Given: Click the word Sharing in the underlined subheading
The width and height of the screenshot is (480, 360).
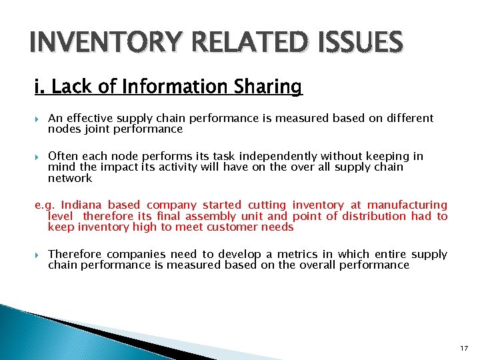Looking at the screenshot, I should click(267, 87).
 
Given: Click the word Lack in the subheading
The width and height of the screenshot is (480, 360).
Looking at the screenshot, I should click(69, 87).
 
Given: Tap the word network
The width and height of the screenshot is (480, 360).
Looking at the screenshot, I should click(70, 178).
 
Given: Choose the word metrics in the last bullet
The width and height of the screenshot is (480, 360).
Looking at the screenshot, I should click(301, 255).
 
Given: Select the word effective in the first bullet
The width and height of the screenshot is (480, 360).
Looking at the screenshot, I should click(88, 119).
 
